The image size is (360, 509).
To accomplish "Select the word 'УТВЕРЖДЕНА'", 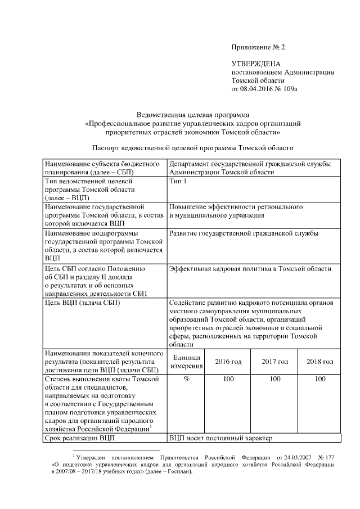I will click(x=256, y=64).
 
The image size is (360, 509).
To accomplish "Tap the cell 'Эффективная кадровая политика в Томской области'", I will click(x=250, y=268).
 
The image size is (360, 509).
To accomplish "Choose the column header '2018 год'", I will click(x=320, y=361).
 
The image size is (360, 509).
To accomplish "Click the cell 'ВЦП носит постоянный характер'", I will click(x=220, y=438).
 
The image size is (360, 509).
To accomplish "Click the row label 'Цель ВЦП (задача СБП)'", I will click(x=82, y=303).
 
